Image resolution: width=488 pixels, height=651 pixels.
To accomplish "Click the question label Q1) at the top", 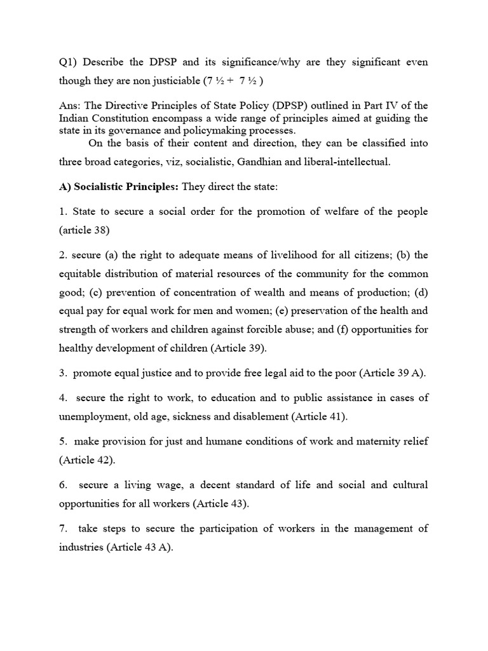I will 67,62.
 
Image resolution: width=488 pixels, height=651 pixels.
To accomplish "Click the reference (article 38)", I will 88,231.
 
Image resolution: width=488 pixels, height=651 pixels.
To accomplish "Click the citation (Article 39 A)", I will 392,373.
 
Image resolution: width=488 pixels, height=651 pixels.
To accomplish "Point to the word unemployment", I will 95,417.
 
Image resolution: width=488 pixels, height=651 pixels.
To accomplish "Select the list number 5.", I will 63,442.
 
